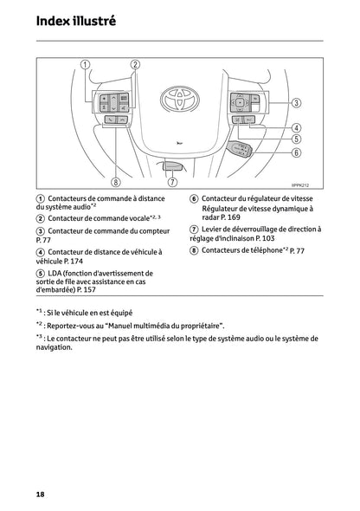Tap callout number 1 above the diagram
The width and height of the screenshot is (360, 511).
pyautogui.click(x=85, y=65)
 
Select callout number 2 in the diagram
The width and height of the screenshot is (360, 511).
pyautogui.click(x=135, y=65)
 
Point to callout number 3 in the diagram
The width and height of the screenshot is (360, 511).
pyautogui.click(x=295, y=103)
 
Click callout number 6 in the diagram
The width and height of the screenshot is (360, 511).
pyautogui.click(x=295, y=152)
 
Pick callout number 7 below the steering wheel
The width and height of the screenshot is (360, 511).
pyautogui.click(x=172, y=182)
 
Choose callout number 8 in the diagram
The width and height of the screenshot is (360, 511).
pyautogui.click(x=117, y=182)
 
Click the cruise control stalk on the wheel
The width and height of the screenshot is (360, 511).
pyautogui.click(x=241, y=152)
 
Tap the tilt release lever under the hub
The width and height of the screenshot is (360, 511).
pyautogui.click(x=173, y=164)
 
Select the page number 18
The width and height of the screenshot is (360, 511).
pyautogui.click(x=41, y=494)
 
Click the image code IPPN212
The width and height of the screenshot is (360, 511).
pyautogui.click(x=299, y=197)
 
